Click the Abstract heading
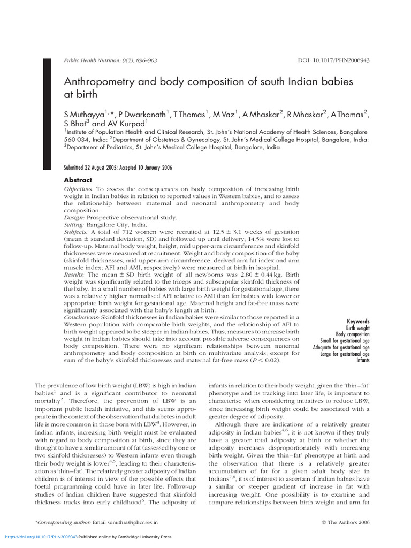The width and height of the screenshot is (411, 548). (x=78, y=180)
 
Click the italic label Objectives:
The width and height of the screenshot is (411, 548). (x=79, y=189)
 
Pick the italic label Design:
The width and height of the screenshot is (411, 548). (x=75, y=218)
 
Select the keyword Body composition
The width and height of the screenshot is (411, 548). (x=353, y=334)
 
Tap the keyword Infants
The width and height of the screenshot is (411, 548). (x=363, y=360)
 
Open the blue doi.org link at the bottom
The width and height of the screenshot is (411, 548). (x=41, y=536)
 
